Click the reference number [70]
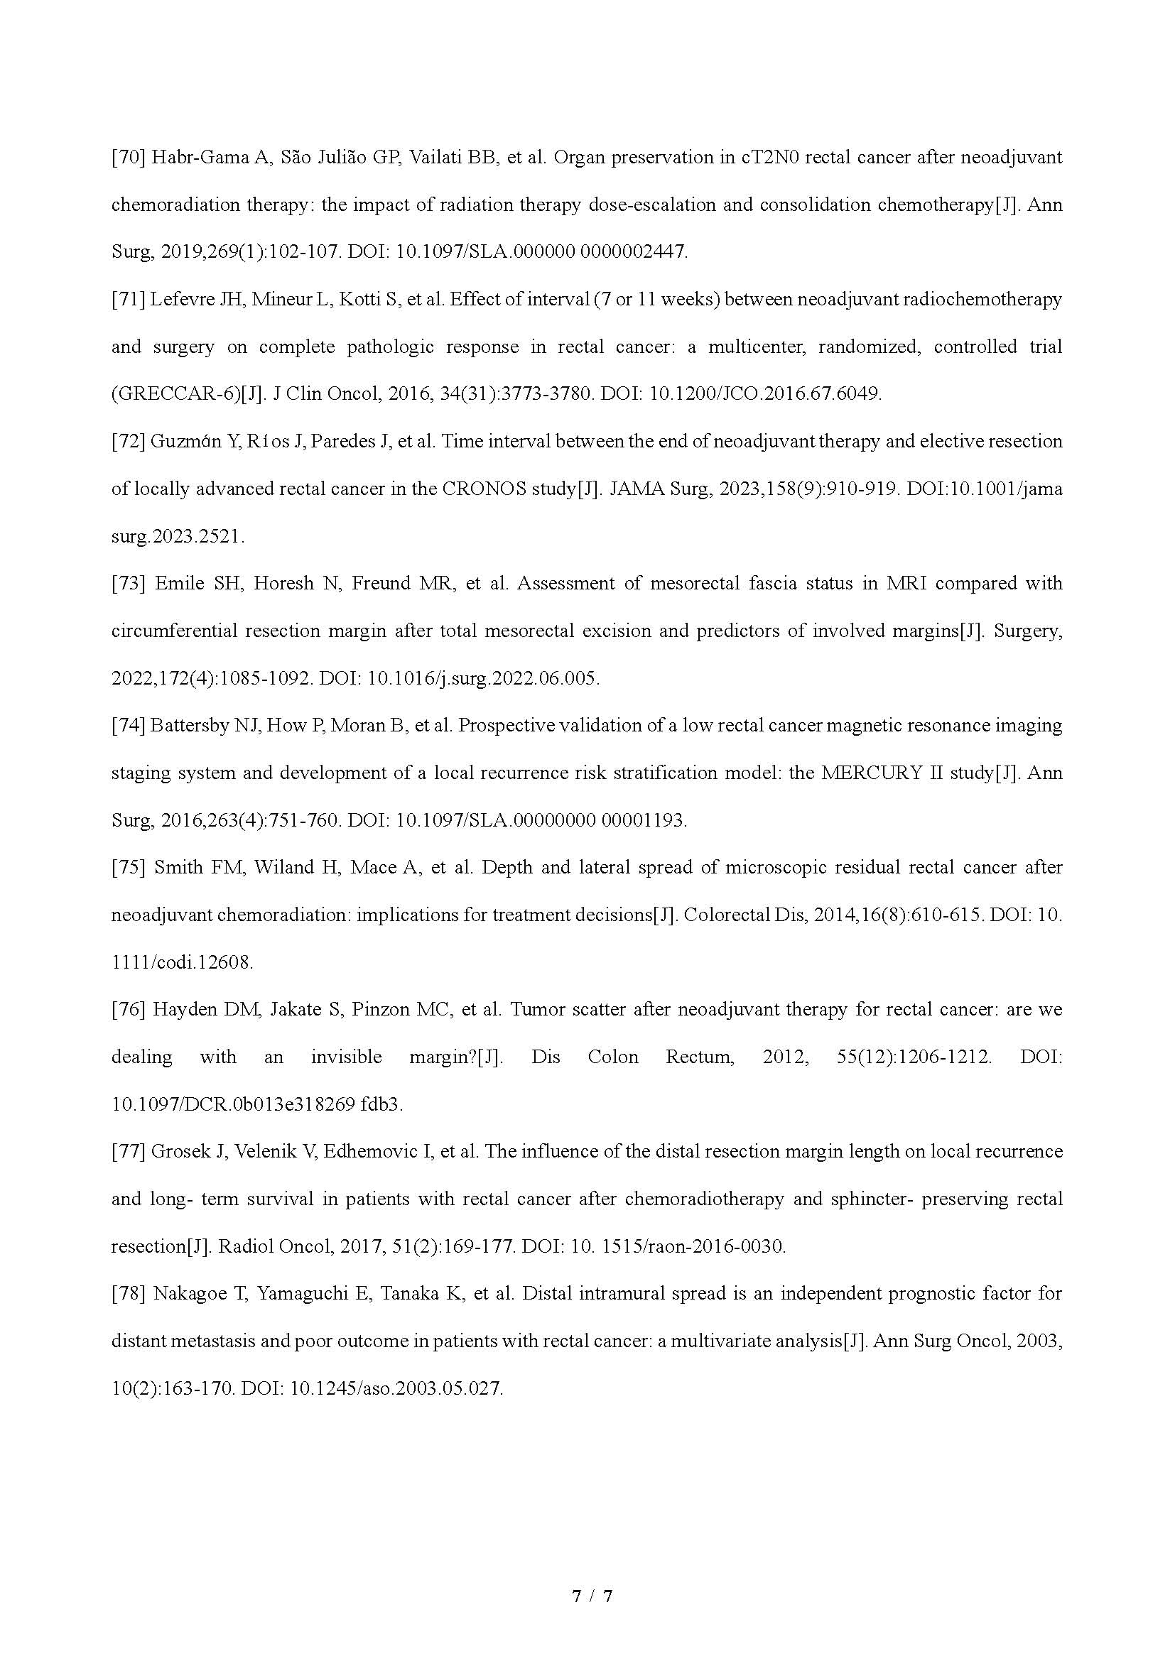point(128,158)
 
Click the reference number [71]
point(128,300)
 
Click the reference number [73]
point(128,583)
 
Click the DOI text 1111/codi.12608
point(182,962)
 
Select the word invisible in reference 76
point(346,1057)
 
